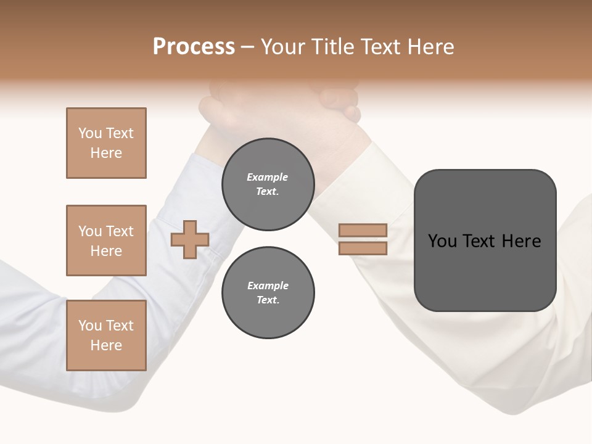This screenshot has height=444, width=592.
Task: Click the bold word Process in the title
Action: (x=194, y=47)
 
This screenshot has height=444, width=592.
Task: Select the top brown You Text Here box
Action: (x=106, y=143)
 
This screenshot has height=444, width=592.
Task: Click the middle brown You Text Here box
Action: (x=106, y=240)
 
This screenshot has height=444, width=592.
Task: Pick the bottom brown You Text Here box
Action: (x=106, y=335)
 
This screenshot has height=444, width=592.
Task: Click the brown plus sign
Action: (x=190, y=239)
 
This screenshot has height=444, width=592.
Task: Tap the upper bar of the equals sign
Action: (x=363, y=230)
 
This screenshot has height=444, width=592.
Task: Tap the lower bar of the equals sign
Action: (x=363, y=249)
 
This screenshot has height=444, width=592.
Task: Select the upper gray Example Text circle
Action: (x=268, y=184)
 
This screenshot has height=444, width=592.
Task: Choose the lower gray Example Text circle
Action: (x=268, y=292)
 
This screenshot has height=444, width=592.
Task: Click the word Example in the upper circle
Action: (x=267, y=177)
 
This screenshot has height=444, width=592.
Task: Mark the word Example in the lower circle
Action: (x=267, y=286)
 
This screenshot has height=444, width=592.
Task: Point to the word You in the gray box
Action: (x=442, y=241)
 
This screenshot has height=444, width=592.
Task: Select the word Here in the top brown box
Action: (x=106, y=153)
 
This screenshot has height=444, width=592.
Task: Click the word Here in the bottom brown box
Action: (x=106, y=345)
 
